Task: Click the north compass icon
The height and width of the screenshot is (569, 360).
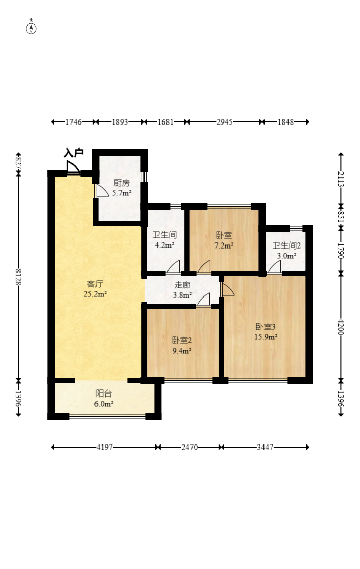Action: [32, 28]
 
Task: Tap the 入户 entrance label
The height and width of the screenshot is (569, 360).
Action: [74, 153]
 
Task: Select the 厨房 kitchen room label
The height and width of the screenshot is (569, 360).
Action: [122, 188]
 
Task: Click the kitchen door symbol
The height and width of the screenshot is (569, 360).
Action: [102, 191]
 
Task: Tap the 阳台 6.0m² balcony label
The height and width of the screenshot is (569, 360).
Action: [104, 398]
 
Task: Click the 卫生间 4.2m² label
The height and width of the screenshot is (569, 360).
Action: [164, 240]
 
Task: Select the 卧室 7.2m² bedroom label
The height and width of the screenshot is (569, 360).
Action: [224, 240]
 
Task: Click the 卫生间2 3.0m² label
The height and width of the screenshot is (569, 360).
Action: [286, 250]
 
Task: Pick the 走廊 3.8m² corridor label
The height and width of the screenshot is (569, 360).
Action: [182, 290]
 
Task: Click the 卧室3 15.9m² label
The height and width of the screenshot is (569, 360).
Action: [266, 331]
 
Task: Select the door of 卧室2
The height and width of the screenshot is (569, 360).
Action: [204, 300]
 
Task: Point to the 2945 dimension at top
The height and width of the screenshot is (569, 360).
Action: [225, 122]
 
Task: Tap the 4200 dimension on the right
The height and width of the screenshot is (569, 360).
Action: [341, 327]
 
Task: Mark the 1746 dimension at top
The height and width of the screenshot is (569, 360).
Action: [74, 122]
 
